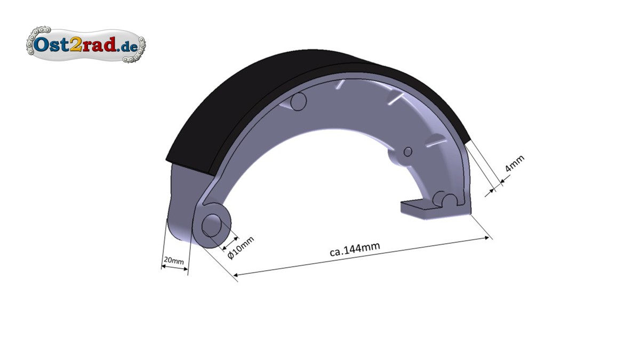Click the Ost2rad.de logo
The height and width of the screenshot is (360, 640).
pos(86,45)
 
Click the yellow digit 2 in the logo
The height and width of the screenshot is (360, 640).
pos(76,44)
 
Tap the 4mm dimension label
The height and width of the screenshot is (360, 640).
pos(515,163)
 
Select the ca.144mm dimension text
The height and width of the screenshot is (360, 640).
pos(355,250)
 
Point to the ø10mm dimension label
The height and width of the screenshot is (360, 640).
pos(241,247)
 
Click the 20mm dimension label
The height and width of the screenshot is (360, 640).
pos(174,261)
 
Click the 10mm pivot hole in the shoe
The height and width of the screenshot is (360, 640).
pos(212,226)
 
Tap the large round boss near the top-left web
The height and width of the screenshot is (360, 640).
pos(298,101)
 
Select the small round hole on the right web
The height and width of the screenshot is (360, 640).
pos(407,151)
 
